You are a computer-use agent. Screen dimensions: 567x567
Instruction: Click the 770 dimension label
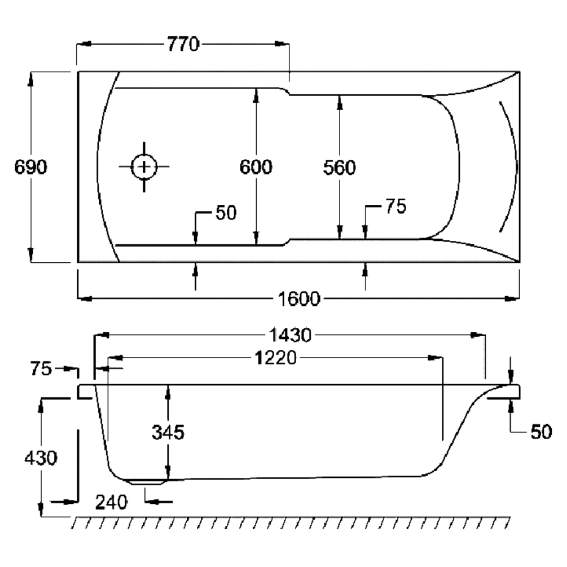[x=183, y=44]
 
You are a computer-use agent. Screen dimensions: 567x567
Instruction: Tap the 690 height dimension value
[x=31, y=167]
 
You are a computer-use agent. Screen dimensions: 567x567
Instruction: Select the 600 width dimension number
[x=256, y=167]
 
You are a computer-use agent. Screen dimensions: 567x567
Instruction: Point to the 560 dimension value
[x=339, y=168]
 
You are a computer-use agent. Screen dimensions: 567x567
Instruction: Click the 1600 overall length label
[x=299, y=298]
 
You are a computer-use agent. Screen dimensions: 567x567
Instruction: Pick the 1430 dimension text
[x=289, y=336]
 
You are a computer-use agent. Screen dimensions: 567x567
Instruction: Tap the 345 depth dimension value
[x=168, y=432]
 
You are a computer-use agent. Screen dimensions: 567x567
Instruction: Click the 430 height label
[x=41, y=457]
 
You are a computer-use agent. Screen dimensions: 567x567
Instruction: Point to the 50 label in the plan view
[x=226, y=213]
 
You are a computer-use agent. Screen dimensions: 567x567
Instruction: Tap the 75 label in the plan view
[x=395, y=206]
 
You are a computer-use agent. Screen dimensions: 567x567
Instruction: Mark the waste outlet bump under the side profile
[x=148, y=482]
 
